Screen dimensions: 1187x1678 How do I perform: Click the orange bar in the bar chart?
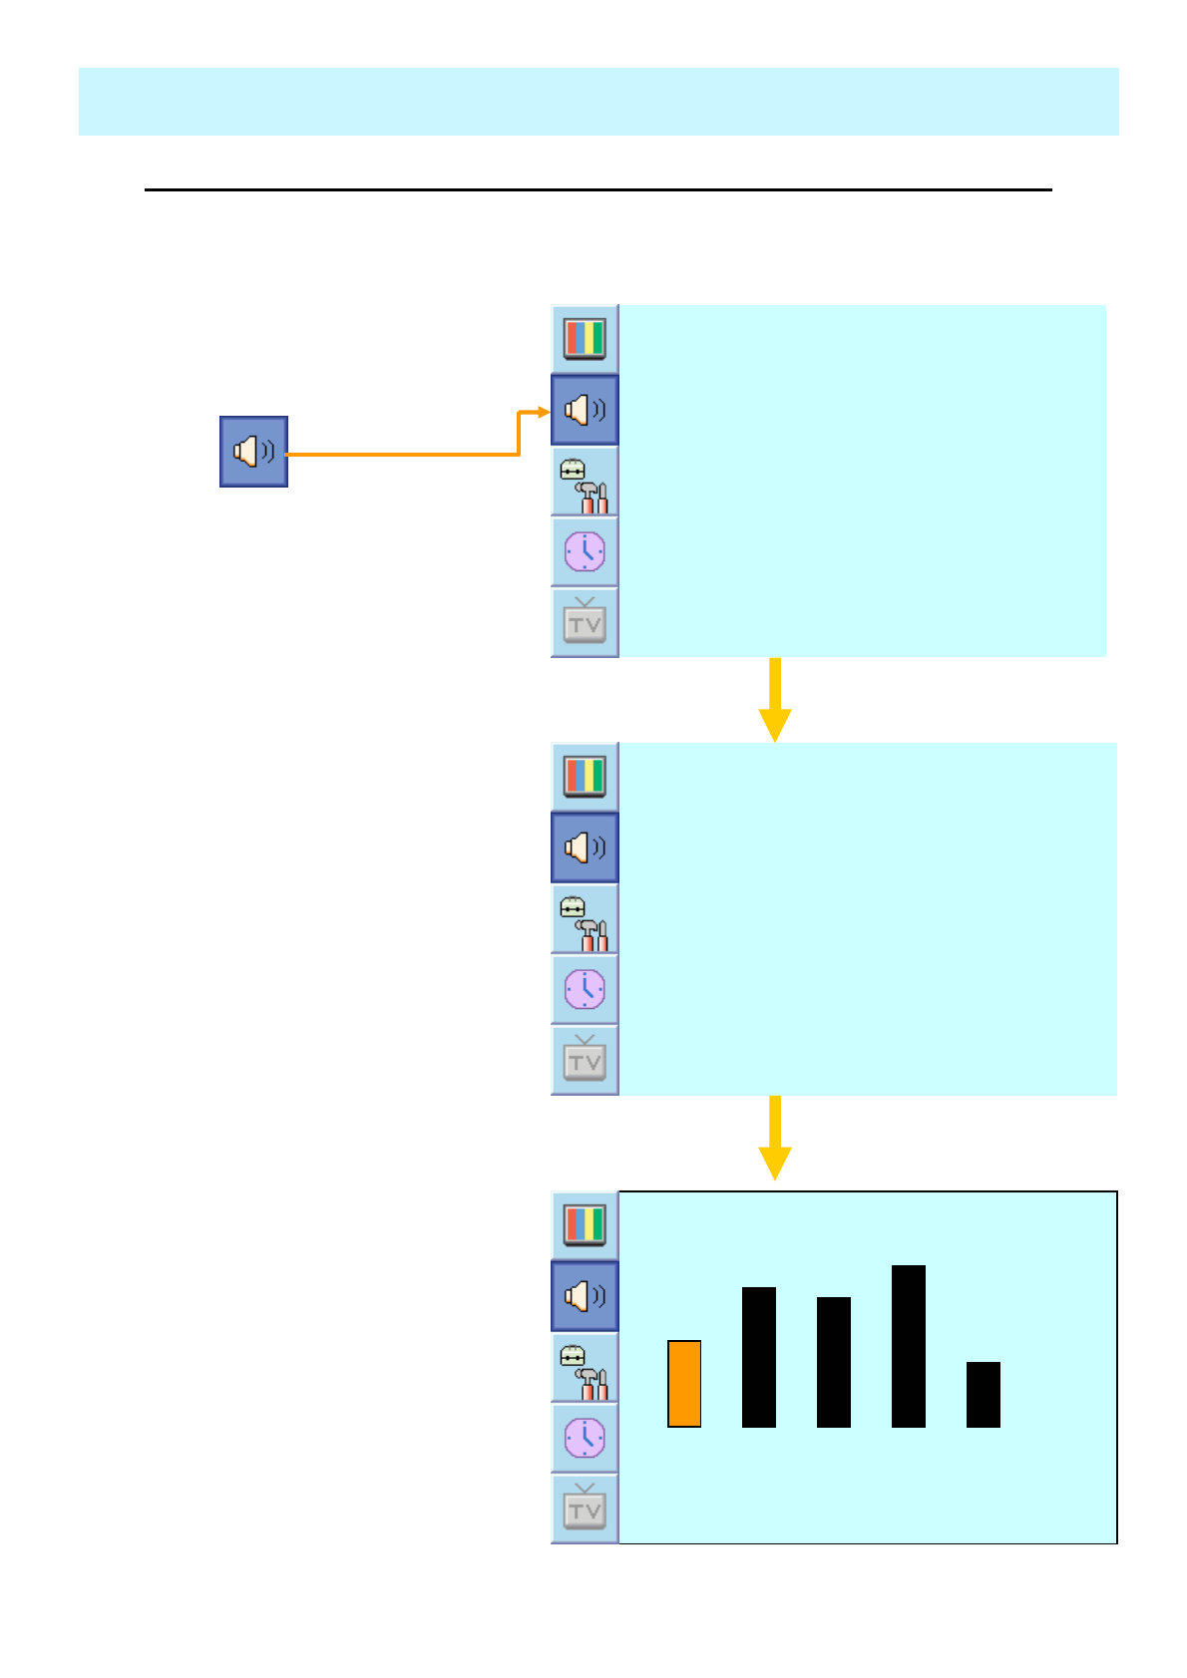click(684, 1383)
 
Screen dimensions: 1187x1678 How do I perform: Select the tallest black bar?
click(908, 1346)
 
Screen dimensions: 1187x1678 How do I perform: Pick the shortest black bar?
click(983, 1394)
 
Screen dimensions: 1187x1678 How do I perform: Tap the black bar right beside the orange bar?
click(758, 1357)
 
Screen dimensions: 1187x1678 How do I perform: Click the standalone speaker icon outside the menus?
click(253, 452)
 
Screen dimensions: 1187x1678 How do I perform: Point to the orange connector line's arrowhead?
click(543, 412)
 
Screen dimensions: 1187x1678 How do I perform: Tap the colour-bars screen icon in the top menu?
click(585, 339)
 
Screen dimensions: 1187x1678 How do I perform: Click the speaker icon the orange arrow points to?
click(585, 410)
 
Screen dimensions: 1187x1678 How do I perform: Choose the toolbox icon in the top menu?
click(585, 482)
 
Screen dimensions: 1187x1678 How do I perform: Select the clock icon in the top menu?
click(585, 551)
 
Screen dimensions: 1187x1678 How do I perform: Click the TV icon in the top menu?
click(585, 622)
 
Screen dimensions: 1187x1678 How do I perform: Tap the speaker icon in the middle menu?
click(585, 847)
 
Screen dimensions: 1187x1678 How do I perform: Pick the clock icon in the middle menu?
click(585, 989)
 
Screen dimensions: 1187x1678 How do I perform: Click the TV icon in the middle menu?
click(585, 1060)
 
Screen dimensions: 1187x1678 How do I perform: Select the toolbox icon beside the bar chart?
click(585, 1368)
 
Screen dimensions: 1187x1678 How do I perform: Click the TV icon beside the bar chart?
click(585, 1509)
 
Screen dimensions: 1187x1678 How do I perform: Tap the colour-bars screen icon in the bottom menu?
click(585, 1225)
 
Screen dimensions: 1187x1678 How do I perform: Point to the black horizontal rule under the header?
click(598, 189)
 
